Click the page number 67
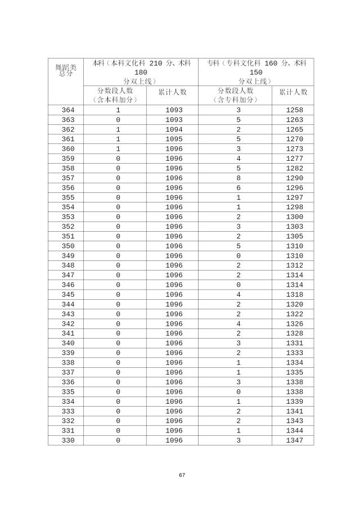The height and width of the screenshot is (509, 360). point(182,475)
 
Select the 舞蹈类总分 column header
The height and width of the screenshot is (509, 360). point(65,70)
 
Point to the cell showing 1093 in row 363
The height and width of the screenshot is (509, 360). point(174,120)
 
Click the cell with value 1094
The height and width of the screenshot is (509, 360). point(174,129)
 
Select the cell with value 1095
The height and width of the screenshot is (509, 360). point(174,139)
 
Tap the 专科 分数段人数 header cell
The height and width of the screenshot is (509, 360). point(235,95)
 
